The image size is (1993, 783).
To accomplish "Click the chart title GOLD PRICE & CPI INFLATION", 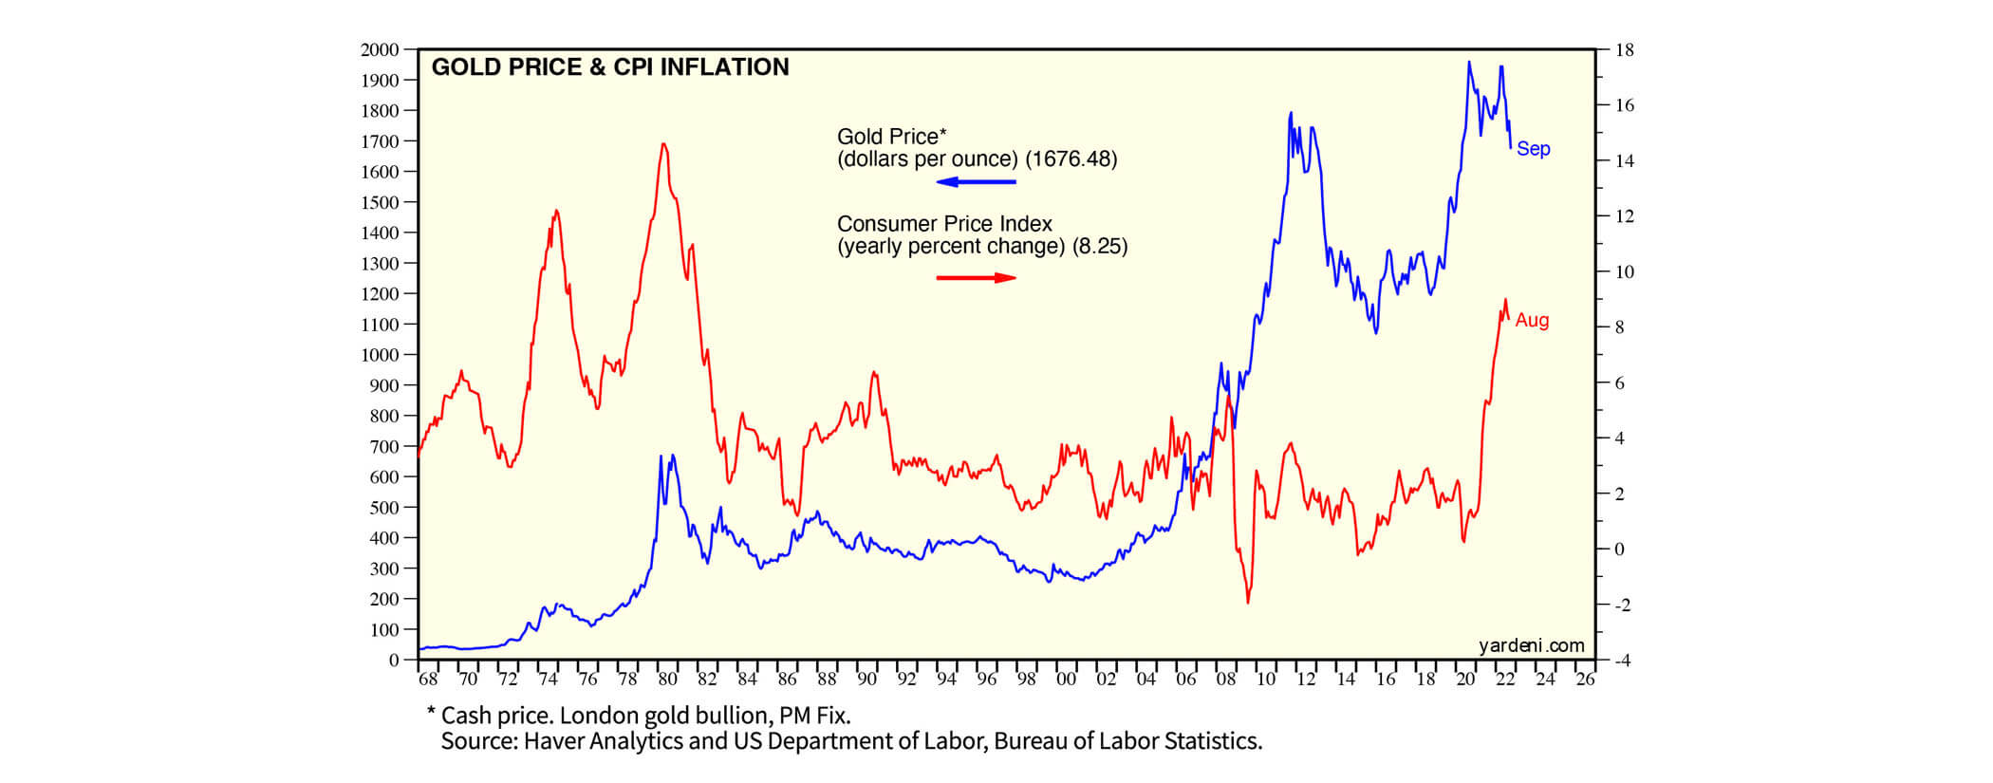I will [610, 67].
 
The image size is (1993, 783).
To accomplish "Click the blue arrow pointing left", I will [976, 182].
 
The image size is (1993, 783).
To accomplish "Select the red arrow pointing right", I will [976, 277].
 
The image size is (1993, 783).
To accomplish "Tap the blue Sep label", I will [1533, 149].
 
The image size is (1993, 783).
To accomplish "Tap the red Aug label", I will [1532, 321].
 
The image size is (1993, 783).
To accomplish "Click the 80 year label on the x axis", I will [667, 680].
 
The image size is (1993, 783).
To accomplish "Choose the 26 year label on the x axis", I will [1585, 680].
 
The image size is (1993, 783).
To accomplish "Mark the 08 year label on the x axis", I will [1225, 680].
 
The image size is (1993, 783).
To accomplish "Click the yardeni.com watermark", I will [1531, 646].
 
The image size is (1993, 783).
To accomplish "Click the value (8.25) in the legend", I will [1100, 247].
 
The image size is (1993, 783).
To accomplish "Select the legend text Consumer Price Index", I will [944, 224].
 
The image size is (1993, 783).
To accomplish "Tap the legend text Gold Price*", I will [891, 137].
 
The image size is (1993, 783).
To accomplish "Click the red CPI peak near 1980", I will [663, 144].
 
